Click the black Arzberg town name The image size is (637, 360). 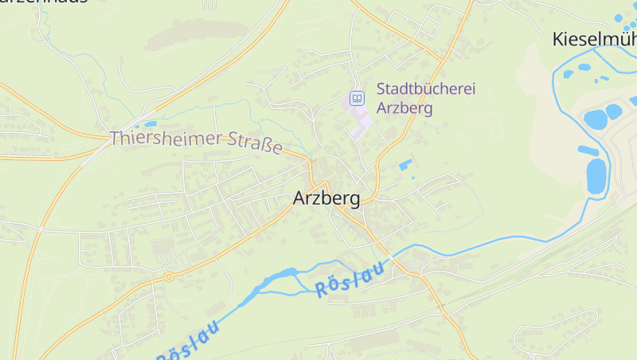pyautogui.click(x=326, y=198)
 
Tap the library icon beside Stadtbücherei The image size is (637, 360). pyautogui.click(x=357, y=99)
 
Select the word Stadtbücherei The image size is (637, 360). pyautogui.click(x=425, y=89)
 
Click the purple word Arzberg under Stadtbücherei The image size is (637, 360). pyautogui.click(x=404, y=108)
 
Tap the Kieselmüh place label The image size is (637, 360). pyautogui.click(x=593, y=38)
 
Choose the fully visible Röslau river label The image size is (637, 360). pyautogui.click(x=349, y=279)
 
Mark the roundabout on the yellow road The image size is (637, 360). pyautogui.click(x=169, y=276)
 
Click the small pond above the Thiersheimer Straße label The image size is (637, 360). pyautogui.click(x=147, y=124)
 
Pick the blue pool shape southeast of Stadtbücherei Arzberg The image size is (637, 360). pyautogui.click(x=405, y=165)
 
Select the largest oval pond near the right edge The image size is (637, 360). pyautogui.click(x=596, y=175)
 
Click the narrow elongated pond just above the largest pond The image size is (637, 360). pyautogui.click(x=588, y=150)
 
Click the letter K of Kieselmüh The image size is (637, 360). pyautogui.click(x=559, y=38)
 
